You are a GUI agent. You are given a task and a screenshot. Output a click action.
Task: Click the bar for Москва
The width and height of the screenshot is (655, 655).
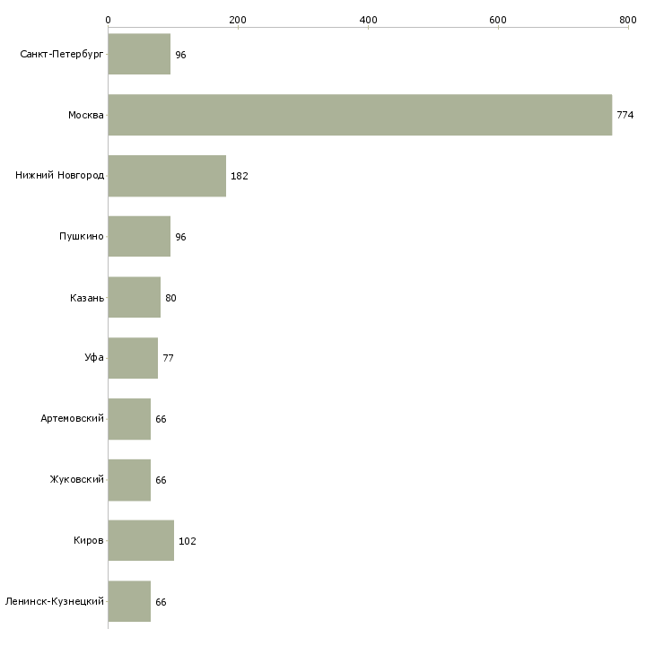pos(360,115)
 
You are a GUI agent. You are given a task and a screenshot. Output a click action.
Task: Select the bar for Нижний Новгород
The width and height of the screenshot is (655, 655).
pos(167,176)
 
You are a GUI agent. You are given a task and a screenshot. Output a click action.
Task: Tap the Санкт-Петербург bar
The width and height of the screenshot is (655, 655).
pos(139,54)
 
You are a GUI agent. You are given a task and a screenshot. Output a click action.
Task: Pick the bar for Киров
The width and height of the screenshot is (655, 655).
pos(141,540)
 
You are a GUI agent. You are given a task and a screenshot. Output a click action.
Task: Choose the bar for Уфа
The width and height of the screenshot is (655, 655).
pos(133,358)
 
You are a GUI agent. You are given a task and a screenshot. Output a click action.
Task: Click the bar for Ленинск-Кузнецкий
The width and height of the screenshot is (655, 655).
pos(129,601)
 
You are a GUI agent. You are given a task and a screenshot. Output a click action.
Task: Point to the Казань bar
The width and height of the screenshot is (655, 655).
pos(134,297)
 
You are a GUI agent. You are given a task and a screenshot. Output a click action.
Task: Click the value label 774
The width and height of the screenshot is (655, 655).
pos(625,115)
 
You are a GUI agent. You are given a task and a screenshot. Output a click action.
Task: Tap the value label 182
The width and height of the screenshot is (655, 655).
pos(240,176)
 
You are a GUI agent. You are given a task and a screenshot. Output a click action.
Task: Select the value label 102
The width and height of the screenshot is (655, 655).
pos(188,541)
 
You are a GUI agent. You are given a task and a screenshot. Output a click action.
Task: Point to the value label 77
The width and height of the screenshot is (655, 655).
pos(168,358)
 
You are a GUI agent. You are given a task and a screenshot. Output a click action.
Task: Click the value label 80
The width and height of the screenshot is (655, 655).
pos(170,298)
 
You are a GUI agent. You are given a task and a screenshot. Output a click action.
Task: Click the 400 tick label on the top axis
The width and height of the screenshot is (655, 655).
pos(369,20)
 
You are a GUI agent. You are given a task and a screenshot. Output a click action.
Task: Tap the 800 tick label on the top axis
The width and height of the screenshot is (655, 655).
pos(628,20)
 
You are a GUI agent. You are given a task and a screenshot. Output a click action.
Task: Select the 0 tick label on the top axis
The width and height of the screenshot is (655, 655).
pos(109,20)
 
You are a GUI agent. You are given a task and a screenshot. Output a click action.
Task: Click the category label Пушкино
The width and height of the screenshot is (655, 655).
pos(82,237)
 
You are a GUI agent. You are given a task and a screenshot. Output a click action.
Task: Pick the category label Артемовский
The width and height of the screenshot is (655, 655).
pos(73,418)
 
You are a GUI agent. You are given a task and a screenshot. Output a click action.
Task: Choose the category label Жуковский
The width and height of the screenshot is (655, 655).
pos(77,479)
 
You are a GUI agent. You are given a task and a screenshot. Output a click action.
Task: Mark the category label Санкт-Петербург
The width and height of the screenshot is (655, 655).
pos(62,55)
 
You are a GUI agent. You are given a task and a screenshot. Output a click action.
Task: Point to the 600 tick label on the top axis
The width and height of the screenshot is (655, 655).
pos(498,20)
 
